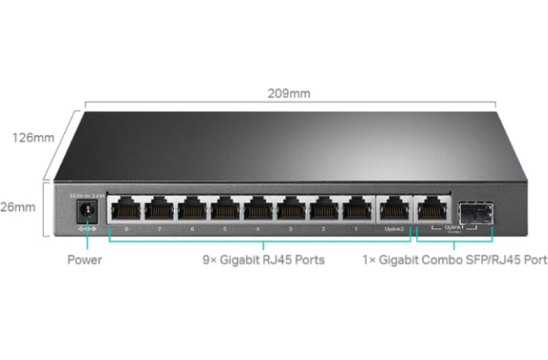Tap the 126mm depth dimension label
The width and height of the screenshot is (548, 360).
(32, 138)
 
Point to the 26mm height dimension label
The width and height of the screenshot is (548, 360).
(19, 207)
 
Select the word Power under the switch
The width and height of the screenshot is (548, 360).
(84, 260)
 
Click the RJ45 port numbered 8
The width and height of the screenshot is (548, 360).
(125, 209)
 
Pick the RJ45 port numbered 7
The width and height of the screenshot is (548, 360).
(160, 209)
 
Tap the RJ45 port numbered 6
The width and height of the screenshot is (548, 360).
(193, 209)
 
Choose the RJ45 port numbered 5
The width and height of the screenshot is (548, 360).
(227, 209)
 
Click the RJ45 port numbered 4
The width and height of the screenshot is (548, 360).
(260, 209)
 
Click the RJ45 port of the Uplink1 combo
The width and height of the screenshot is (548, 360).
(432, 209)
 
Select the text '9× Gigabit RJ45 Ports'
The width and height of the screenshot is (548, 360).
(262, 260)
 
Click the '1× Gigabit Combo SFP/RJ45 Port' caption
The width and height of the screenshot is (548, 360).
(454, 260)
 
